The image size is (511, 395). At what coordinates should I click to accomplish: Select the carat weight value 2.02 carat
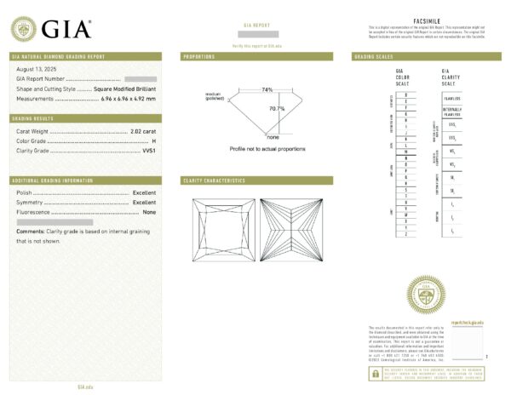click(x=143, y=131)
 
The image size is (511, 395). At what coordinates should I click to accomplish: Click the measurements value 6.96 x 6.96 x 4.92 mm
click(x=128, y=99)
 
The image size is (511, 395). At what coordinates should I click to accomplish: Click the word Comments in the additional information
click(x=30, y=231)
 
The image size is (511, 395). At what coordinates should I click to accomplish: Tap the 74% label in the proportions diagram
click(x=267, y=89)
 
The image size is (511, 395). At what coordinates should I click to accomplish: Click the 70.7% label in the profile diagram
click(x=277, y=109)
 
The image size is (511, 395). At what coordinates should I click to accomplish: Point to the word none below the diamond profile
click(x=273, y=136)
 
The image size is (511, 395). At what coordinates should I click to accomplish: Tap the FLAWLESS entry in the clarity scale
click(x=451, y=97)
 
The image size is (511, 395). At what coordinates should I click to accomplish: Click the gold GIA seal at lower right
click(x=427, y=295)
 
